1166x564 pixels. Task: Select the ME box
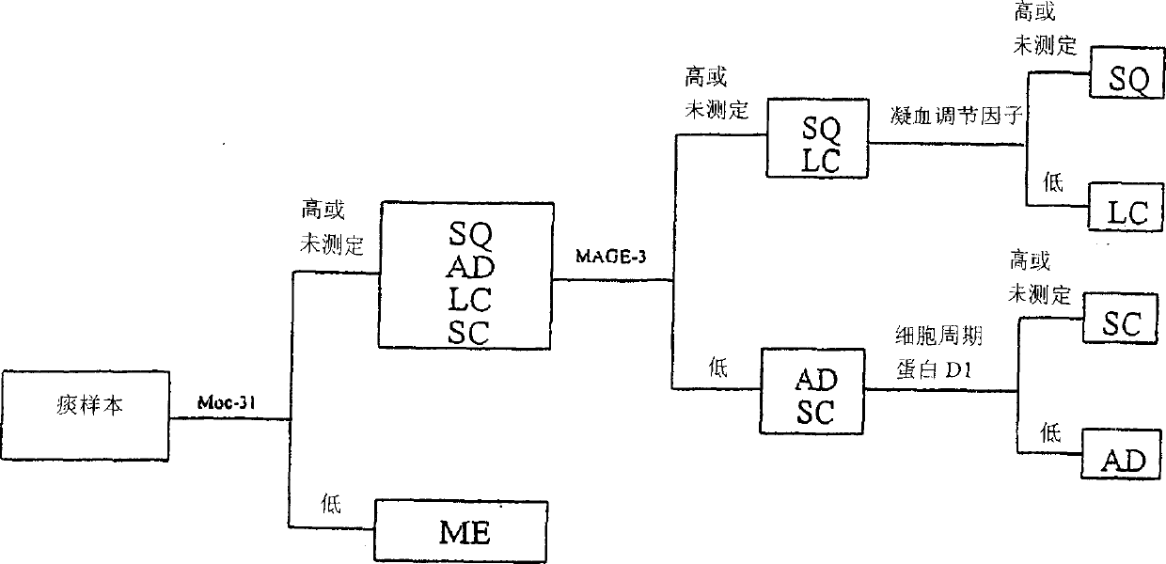462,531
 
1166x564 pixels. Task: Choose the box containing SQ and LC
817,140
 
